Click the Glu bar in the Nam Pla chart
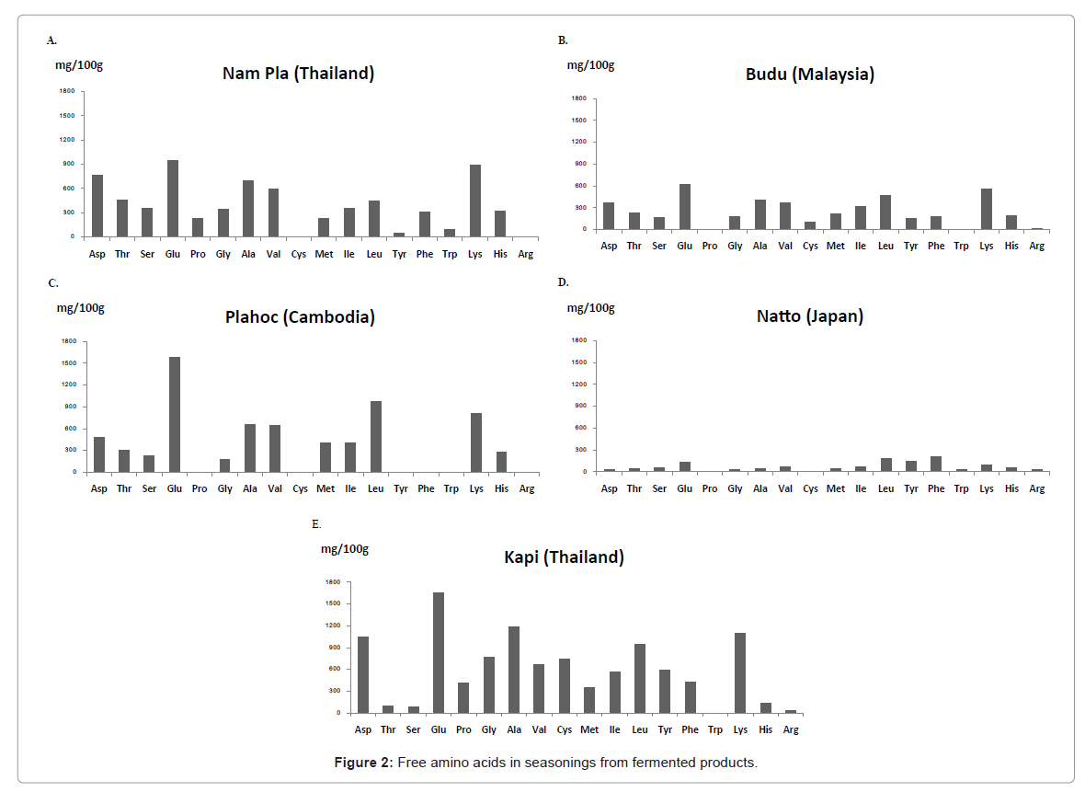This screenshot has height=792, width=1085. [x=172, y=199]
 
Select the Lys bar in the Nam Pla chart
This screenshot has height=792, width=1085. [x=474, y=201]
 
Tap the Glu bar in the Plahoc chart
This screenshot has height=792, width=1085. [x=174, y=414]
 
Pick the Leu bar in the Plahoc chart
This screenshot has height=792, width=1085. [x=375, y=436]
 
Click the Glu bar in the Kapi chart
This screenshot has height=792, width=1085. [x=439, y=652]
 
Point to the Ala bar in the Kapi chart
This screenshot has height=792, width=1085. [x=514, y=669]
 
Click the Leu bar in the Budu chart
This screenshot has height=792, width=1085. [x=885, y=212]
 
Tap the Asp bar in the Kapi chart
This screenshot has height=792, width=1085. [x=363, y=674]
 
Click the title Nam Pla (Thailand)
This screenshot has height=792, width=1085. [x=298, y=74]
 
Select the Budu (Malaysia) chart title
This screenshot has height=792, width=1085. [x=809, y=75]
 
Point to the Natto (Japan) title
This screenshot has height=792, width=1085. [x=809, y=316]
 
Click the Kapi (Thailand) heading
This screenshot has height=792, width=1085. [x=564, y=557]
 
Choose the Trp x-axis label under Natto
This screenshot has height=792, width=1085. [x=961, y=489]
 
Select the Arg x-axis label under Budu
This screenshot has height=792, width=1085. [x=1036, y=247]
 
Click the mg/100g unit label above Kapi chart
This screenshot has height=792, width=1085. [x=344, y=549]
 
